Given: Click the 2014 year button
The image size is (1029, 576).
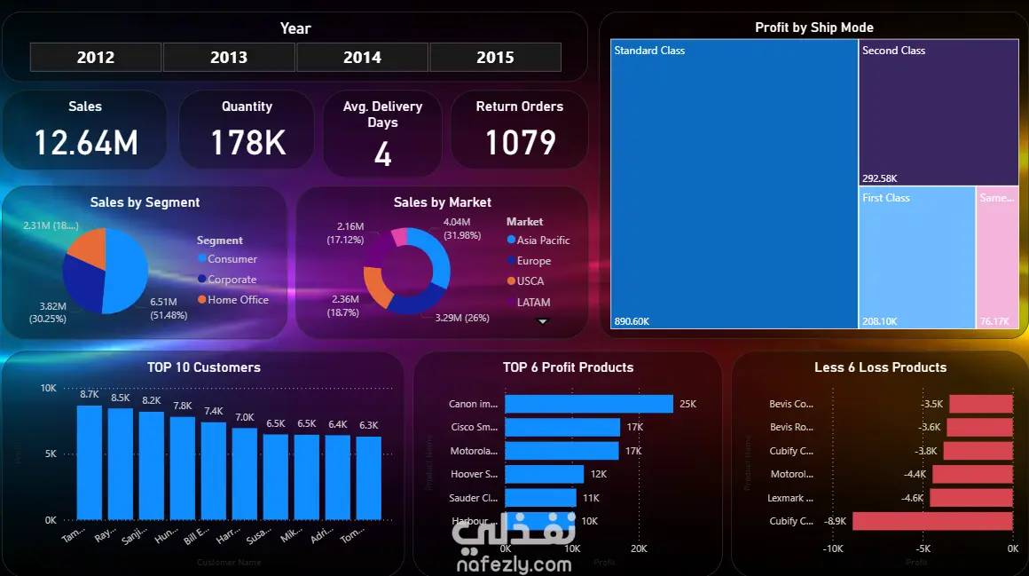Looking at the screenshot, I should [362, 58].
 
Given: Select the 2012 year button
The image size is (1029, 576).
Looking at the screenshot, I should [96, 58].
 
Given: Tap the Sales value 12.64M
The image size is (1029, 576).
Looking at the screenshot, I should [85, 143].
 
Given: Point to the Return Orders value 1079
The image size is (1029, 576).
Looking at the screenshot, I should [520, 143].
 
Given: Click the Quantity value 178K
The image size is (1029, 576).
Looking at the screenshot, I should [247, 143].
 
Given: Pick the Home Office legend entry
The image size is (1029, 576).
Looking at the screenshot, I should [237, 300].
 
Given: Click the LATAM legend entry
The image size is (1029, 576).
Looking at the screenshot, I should [533, 303].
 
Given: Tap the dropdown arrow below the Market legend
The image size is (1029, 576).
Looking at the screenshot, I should [543, 322].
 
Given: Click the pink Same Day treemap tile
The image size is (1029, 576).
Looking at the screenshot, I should [997, 257].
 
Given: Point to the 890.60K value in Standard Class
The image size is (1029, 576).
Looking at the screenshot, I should [632, 321].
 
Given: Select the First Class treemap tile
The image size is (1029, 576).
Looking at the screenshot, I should [917, 257].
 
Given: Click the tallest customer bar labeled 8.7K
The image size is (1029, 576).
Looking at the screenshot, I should [90, 462].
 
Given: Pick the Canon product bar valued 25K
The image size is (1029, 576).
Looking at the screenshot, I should [588, 404].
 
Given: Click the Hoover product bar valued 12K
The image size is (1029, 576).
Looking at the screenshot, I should [544, 474].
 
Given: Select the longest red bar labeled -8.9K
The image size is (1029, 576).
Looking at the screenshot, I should [932, 521].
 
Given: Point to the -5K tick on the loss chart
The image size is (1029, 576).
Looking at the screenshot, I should [923, 548].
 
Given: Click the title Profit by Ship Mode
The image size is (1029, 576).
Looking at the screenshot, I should [813, 28].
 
